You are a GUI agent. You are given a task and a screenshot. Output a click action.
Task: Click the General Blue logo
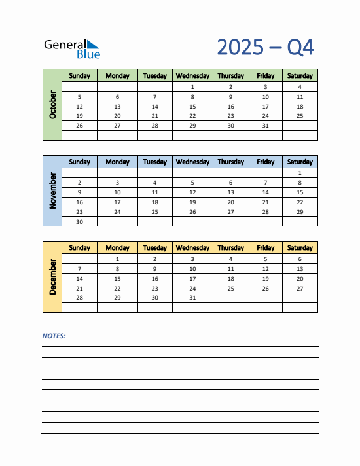(72, 48)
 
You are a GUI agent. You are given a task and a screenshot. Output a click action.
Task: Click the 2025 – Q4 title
(265, 47)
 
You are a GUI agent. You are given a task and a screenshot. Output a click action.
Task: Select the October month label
(52, 105)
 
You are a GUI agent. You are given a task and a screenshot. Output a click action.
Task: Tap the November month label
(52, 190)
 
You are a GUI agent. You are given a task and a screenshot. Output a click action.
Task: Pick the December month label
(52, 277)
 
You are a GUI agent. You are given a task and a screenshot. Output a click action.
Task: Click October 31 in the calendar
(265, 126)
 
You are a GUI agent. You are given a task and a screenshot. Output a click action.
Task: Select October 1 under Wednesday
(192, 87)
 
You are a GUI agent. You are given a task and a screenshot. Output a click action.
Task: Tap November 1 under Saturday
(300, 173)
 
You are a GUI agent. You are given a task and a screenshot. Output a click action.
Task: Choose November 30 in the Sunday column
(79, 222)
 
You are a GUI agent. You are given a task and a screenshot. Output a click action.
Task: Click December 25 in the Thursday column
(230, 288)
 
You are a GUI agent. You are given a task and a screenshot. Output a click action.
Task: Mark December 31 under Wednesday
(192, 298)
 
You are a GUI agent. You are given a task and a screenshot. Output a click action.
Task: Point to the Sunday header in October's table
(79, 76)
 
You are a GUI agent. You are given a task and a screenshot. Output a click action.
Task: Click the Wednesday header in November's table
(192, 162)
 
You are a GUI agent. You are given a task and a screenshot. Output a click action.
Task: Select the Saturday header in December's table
(300, 248)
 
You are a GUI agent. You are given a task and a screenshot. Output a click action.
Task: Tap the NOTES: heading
(54, 336)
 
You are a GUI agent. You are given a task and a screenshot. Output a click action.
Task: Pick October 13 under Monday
(117, 106)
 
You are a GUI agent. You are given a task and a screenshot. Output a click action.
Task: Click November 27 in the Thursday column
(230, 212)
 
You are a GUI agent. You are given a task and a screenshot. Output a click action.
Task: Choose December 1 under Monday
(117, 259)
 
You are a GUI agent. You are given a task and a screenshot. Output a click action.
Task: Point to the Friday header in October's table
(265, 76)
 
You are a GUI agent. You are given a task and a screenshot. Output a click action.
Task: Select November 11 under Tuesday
(154, 192)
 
